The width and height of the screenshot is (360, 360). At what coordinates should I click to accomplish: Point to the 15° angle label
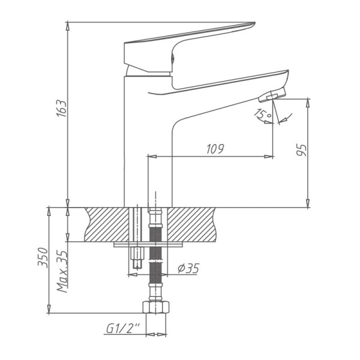click(x=263, y=114)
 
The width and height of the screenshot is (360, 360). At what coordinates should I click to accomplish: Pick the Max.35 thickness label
click(x=61, y=271)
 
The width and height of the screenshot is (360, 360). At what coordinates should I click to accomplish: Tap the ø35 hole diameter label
click(x=188, y=269)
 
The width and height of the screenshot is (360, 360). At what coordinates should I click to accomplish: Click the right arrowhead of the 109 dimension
click(x=269, y=156)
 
